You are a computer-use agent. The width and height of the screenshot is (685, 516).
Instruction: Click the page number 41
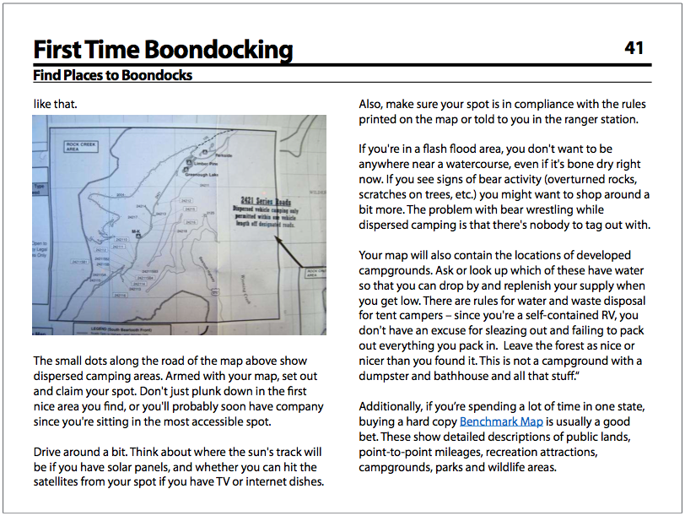634,48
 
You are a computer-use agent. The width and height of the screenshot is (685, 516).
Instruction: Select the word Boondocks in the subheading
158,75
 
